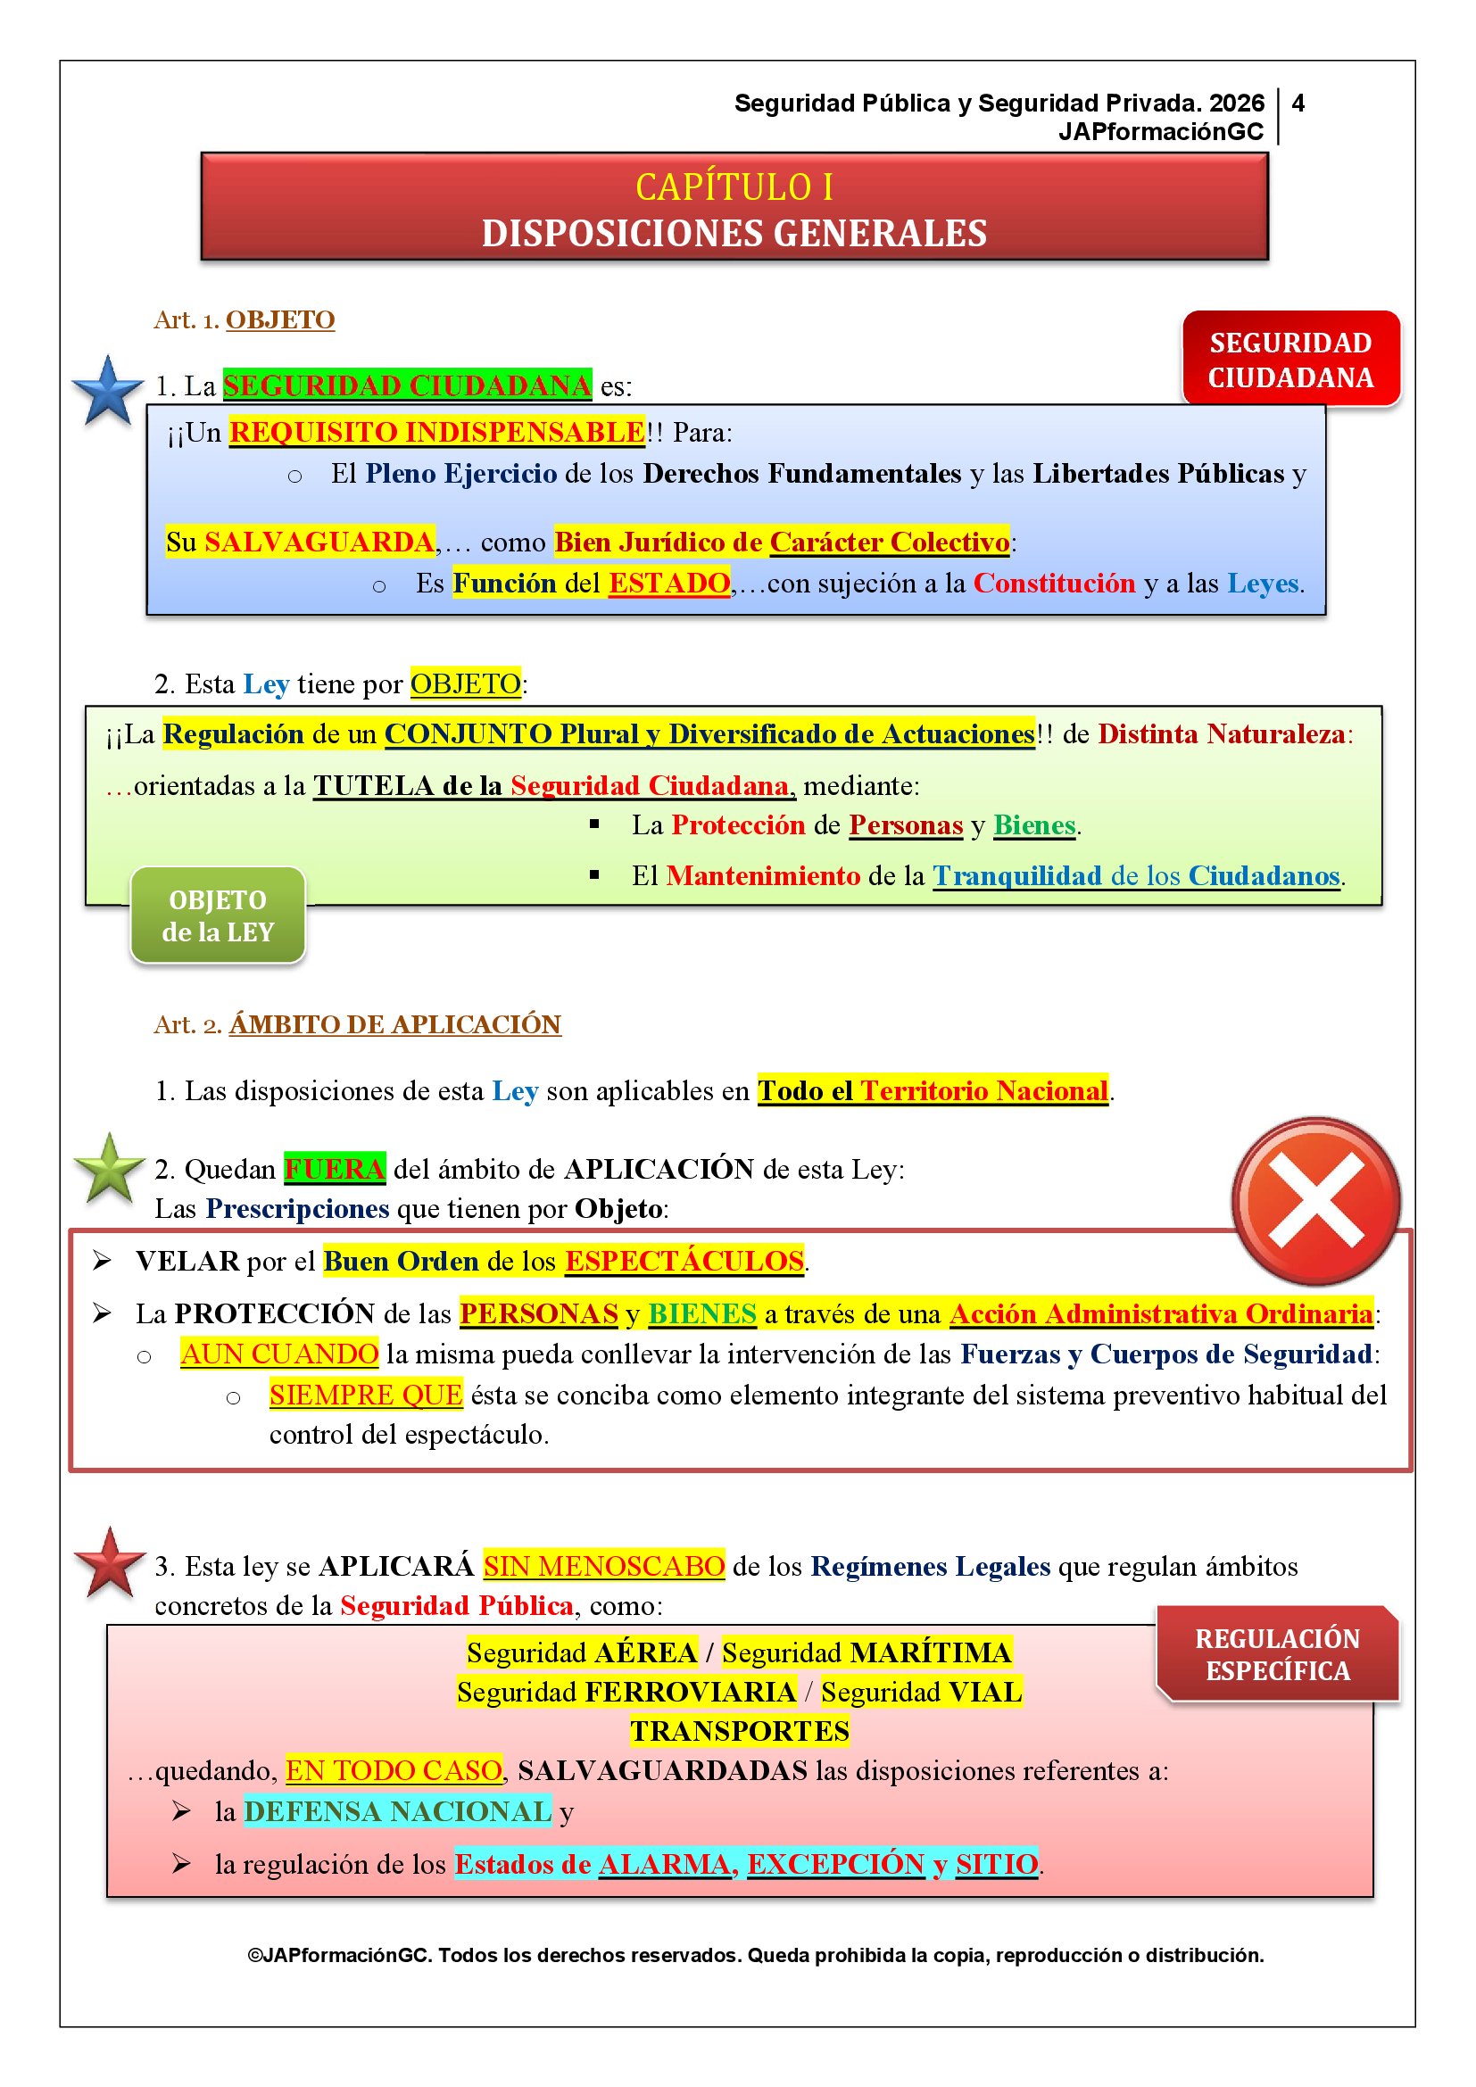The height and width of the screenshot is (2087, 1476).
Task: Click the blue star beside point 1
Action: (x=108, y=391)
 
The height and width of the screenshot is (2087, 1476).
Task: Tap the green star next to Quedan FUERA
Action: (x=109, y=1169)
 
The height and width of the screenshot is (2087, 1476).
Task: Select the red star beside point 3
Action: (x=110, y=1563)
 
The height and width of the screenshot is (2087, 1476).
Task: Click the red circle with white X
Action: (x=1315, y=1200)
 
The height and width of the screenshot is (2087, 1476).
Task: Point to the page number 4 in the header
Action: (x=1298, y=104)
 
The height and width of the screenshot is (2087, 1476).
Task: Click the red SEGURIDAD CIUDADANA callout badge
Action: (x=1290, y=359)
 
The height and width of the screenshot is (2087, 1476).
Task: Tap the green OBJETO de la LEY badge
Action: (x=218, y=915)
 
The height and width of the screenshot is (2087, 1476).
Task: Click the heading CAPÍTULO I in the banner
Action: (x=734, y=187)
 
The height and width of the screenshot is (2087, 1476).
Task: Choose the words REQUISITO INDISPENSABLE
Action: (x=436, y=432)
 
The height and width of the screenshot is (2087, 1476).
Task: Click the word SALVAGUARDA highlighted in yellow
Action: (x=319, y=542)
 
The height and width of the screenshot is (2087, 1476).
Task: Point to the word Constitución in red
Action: (x=1054, y=583)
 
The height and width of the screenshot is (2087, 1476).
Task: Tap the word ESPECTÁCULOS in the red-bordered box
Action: (x=684, y=1261)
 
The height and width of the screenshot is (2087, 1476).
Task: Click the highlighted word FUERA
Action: (x=335, y=1168)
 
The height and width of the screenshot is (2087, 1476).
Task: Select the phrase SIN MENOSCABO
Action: (x=603, y=1566)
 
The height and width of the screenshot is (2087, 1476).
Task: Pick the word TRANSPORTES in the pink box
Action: (x=740, y=1731)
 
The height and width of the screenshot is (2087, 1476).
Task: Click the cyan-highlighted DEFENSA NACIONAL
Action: (x=397, y=1810)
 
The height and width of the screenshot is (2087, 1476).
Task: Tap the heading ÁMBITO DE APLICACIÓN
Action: (x=395, y=1024)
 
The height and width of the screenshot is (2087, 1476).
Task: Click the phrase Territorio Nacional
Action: (x=984, y=1089)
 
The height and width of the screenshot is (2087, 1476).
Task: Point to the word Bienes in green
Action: (x=1034, y=824)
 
